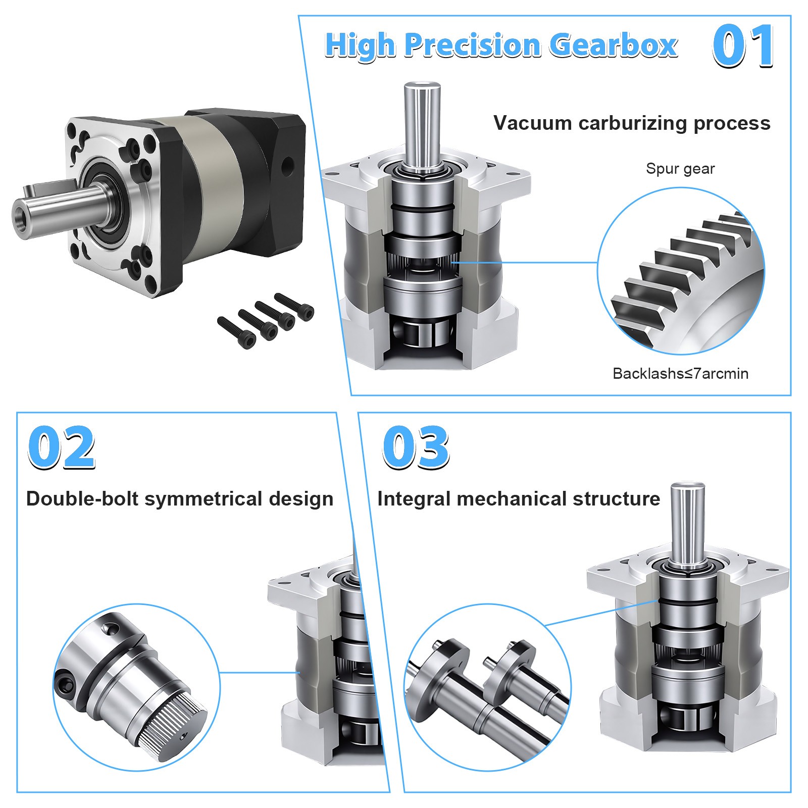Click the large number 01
coord(743,46)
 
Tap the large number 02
coord(61,447)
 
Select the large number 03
coord(416,447)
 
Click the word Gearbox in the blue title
coord(613,45)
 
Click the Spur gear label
coord(680,169)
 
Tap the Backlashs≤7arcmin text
coord(680,374)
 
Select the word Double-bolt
coord(82,499)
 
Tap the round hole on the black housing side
coord(287,166)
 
